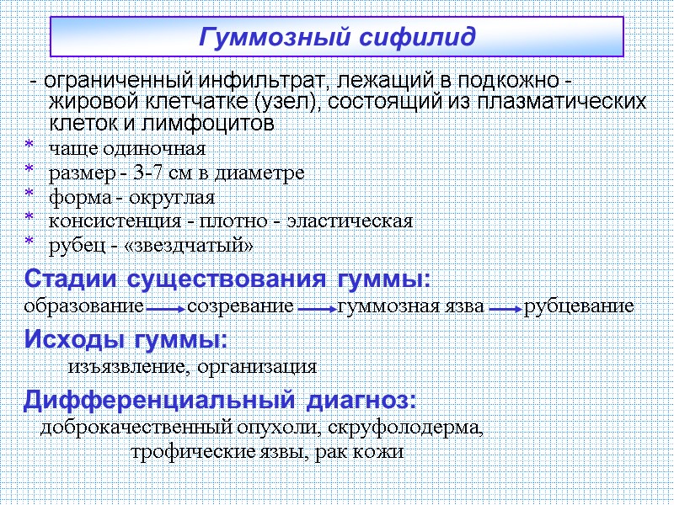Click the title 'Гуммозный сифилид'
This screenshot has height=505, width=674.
coord(337,38)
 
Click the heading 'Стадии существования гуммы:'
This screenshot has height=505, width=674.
coord(227,279)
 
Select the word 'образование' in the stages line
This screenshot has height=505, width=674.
coord(83,306)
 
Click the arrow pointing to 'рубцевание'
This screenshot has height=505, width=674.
coord(505,309)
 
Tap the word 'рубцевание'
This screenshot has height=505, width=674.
coord(579,306)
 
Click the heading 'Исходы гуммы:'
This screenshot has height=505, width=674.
coord(126,339)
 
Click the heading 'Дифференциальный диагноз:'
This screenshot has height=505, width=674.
coord(220,398)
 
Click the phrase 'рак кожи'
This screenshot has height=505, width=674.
coord(366,452)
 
